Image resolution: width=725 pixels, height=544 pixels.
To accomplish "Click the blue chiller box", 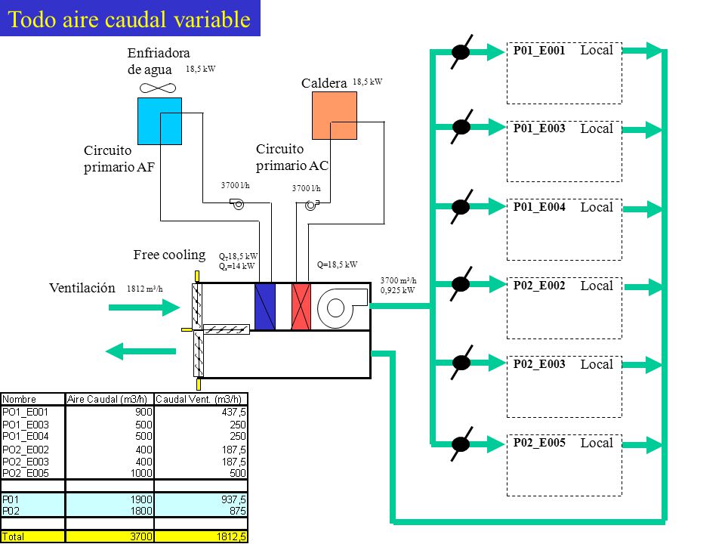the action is (159, 121).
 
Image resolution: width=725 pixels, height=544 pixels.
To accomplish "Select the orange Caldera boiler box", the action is (335, 116).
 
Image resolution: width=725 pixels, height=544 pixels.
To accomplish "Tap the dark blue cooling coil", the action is (265, 307).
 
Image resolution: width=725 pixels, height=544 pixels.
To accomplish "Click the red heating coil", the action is (301, 307).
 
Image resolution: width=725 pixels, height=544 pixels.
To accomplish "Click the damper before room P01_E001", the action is (461, 51).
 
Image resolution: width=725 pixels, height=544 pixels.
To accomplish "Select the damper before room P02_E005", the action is (461, 444).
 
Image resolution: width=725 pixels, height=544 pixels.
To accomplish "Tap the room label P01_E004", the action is (539, 207).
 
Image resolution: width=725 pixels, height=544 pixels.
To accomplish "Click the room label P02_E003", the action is (539, 364).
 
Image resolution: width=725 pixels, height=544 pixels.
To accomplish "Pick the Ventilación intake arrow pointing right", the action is (144, 308).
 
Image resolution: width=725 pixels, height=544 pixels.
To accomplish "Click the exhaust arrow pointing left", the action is (140, 351).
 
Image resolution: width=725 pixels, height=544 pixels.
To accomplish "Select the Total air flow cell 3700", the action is (110, 536).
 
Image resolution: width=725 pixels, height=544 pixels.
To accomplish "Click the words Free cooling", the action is (169, 255).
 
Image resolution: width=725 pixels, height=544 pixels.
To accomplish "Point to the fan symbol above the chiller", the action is (158, 88).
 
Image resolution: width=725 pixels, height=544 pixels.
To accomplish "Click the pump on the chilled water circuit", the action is (237, 203).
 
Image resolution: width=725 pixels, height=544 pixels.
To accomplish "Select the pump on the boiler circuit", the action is (312, 205).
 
